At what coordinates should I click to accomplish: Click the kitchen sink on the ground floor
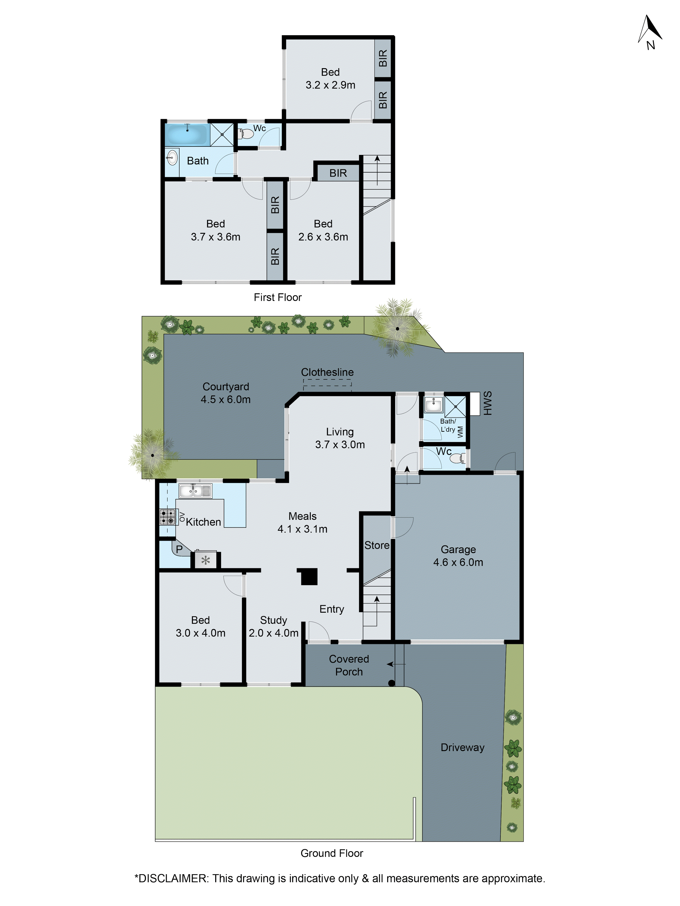coord(195,490)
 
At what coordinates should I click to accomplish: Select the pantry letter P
coord(179,549)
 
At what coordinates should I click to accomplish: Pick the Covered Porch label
coord(349,665)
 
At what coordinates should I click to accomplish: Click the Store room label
coord(377,545)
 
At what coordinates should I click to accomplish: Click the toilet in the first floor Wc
coord(247,134)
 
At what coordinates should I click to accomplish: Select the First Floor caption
coord(277,297)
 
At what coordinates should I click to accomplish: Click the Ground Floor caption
coord(332,853)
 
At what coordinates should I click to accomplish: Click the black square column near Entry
coord(309,576)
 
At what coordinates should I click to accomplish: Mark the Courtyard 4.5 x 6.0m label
coord(226,393)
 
